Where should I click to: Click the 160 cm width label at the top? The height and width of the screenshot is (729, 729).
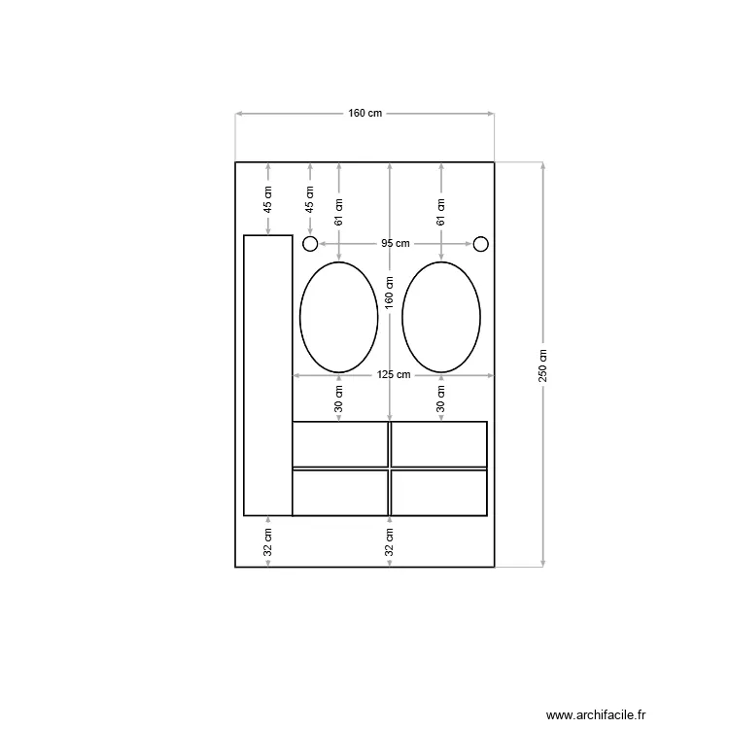click(x=365, y=114)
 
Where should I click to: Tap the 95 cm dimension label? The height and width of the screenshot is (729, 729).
click(x=395, y=243)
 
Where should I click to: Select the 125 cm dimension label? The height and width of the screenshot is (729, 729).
click(x=395, y=375)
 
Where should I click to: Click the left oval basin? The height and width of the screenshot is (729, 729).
click(x=338, y=316)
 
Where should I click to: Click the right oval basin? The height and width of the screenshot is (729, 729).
click(x=440, y=316)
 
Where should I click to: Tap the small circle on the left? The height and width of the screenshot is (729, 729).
click(x=310, y=243)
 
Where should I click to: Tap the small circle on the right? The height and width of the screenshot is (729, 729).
click(x=480, y=243)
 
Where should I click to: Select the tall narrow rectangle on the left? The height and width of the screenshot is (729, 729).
click(x=267, y=375)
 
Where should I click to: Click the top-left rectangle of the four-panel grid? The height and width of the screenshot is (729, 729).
click(x=340, y=444)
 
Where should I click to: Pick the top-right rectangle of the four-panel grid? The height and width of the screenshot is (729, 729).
click(x=438, y=444)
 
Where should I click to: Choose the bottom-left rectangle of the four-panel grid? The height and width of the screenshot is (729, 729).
click(x=340, y=493)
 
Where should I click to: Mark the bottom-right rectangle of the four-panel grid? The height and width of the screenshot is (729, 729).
click(x=438, y=493)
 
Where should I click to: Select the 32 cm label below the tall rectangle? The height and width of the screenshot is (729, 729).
click(x=267, y=542)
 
